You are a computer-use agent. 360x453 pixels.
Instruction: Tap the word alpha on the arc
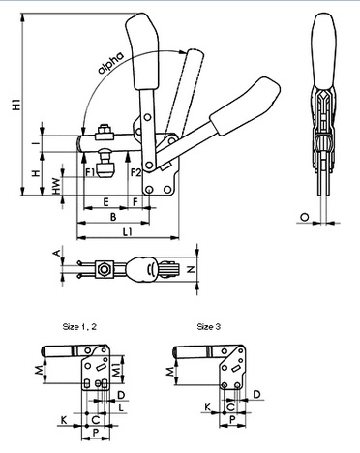click(x=110, y=63)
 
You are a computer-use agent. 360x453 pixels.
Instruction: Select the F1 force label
click(x=90, y=172)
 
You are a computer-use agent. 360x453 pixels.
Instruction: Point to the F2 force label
click(x=136, y=172)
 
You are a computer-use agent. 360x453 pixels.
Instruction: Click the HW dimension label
click(x=56, y=186)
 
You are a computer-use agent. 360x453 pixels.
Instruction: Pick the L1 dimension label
click(x=128, y=231)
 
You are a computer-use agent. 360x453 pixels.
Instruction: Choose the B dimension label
click(x=113, y=217)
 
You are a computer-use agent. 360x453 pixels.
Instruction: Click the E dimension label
click(x=105, y=202)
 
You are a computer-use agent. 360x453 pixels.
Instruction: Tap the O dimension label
click(x=304, y=218)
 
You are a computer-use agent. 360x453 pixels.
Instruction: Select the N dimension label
click(x=191, y=269)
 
